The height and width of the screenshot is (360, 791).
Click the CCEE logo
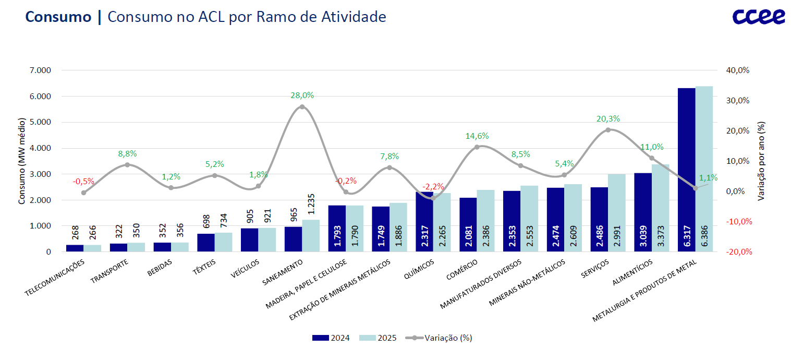758,17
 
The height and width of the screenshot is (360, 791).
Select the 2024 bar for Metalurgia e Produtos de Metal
687,170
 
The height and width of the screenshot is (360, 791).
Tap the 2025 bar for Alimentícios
660,208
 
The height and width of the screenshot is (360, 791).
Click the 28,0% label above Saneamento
302,95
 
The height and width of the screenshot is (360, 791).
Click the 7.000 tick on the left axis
40,70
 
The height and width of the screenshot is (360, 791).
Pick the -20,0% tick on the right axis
739,252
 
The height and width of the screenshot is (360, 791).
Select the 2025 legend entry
378,338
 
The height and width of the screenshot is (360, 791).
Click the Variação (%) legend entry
439,338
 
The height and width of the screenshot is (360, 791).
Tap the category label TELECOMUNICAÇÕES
55,278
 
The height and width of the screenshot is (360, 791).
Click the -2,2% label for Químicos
433,187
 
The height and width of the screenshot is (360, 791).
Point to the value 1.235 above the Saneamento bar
311,204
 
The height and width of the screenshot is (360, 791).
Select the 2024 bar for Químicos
424,222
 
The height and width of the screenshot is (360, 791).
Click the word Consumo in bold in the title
58,17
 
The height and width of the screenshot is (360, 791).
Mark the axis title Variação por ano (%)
761,161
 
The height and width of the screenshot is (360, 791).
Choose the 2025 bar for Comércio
485,221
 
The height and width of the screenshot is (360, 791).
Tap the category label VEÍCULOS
245,269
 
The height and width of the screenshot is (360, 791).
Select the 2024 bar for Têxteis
206,243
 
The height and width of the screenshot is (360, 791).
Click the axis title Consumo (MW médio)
22,161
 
